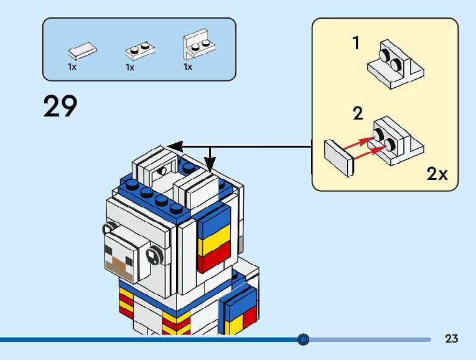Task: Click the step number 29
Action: coord(60,107)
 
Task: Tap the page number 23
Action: coord(452,339)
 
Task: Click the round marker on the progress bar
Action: coord(303,339)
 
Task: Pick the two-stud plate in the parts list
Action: coord(140,50)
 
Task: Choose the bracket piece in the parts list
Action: coord(198,44)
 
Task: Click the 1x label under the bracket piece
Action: coord(188,67)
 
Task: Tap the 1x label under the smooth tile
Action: coord(72,67)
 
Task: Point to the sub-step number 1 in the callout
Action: coord(356,44)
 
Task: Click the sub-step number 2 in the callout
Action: coord(358,113)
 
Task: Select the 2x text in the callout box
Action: coord(437,174)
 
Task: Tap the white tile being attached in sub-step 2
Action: coord(339,157)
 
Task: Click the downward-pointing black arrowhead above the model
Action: coord(210,166)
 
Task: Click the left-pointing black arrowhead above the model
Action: coord(174,147)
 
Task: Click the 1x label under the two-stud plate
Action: coord(130,67)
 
